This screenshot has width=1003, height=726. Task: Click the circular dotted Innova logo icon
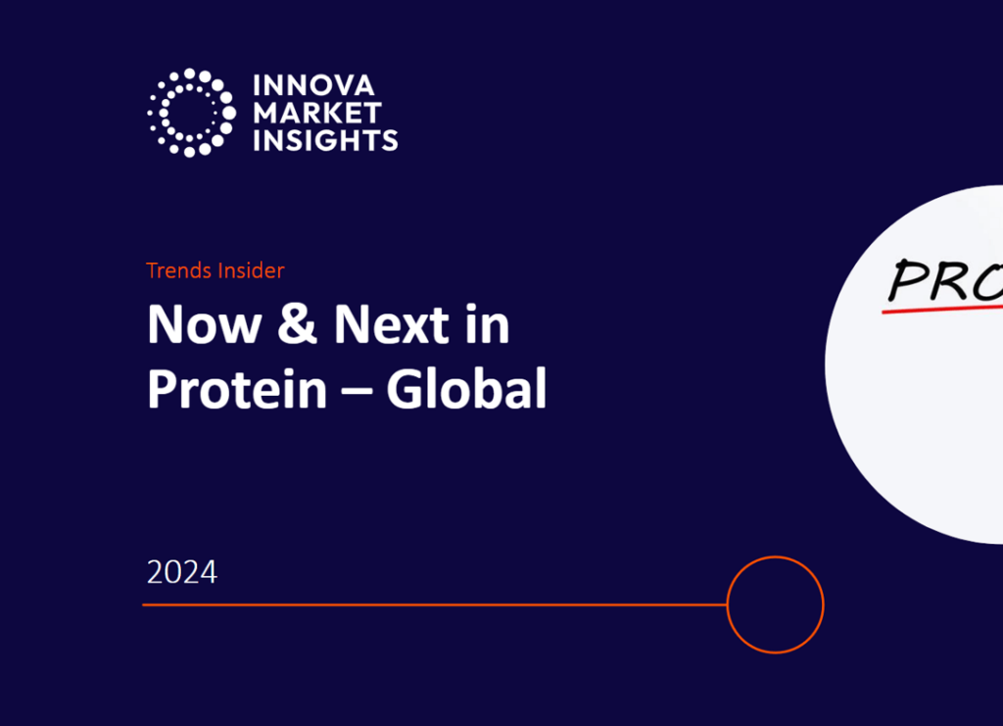click(192, 113)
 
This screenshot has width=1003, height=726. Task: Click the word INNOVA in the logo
click(313, 86)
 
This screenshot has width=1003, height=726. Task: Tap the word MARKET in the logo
click(316, 113)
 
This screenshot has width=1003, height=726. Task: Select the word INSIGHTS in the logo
click(325, 139)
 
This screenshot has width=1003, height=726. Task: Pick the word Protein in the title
click(237, 389)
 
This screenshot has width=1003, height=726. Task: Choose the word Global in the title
click(465, 389)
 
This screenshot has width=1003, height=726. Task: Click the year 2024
click(182, 571)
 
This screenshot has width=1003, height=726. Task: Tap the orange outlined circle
click(775, 605)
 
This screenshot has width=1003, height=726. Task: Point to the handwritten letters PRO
click(945, 280)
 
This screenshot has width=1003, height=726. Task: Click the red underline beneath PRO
click(940, 310)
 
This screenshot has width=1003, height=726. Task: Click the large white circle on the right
click(921, 421)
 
